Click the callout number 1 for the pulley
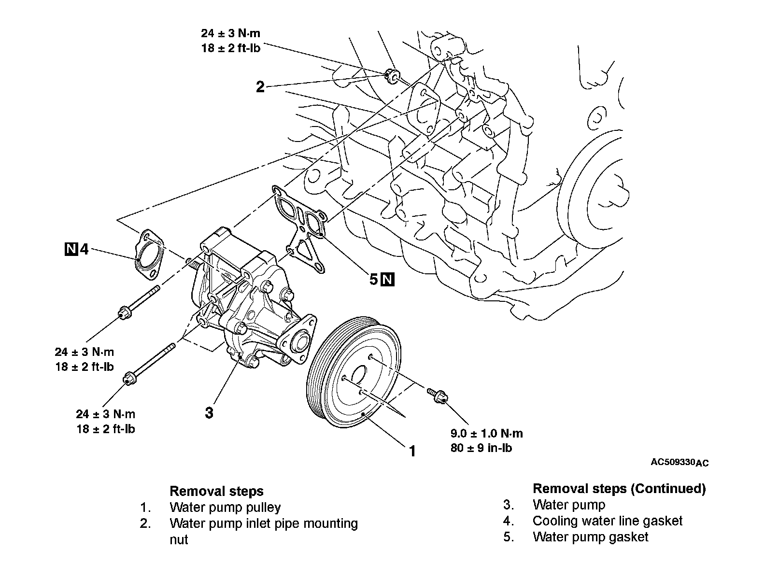412,451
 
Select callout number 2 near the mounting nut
260,87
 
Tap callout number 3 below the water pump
209,413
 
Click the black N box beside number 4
71,249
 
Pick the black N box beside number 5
388,279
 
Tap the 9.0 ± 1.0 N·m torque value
486,434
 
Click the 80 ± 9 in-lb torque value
481,448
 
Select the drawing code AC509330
672,462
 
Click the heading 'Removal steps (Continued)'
619,489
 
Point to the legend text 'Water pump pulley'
225,508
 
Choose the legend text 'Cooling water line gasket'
607,521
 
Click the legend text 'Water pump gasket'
590,537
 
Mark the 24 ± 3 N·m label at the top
230,33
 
